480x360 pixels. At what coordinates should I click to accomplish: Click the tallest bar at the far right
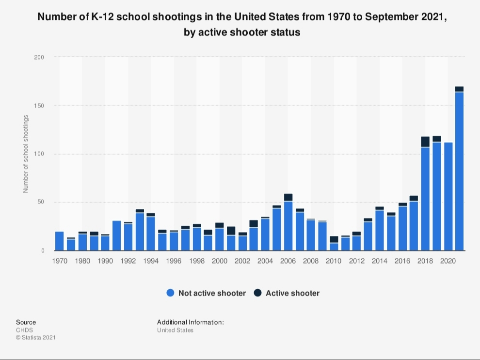pyautogui.click(x=459, y=170)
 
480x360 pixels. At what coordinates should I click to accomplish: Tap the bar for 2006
pyautogui.click(x=288, y=225)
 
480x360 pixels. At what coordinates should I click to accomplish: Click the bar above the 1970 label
pyautogui.click(x=59, y=241)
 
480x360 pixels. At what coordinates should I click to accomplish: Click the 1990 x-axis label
pyautogui.click(x=105, y=261)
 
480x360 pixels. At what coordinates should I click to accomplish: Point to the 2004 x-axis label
pyautogui.click(x=265, y=261)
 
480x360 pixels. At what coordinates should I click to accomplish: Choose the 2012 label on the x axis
pyautogui.click(x=356, y=261)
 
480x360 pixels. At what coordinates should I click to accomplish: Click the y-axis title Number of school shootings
pyautogui.click(x=26, y=154)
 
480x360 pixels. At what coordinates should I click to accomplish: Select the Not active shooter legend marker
pyautogui.click(x=170, y=293)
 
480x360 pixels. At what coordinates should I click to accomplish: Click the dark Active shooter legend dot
pyautogui.click(x=257, y=293)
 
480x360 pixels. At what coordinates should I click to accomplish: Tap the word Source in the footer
pyautogui.click(x=26, y=322)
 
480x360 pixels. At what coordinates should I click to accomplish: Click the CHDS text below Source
pyautogui.click(x=24, y=330)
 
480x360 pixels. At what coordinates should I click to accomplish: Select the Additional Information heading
pyautogui.click(x=190, y=322)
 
